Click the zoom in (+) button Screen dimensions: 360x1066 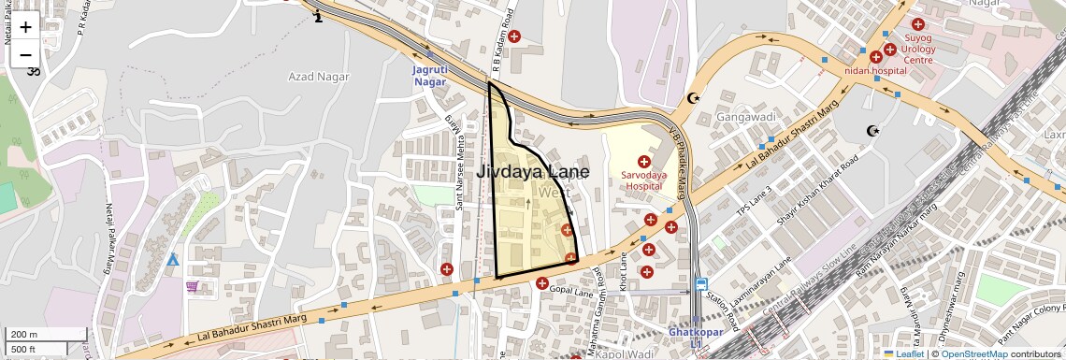click(x=25, y=27)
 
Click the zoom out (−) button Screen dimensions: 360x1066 click(x=25, y=54)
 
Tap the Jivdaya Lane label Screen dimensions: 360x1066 click(x=533, y=172)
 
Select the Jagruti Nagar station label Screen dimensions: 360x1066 click(x=430, y=76)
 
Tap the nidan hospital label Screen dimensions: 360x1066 click(x=875, y=70)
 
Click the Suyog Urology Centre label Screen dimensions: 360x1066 click(x=917, y=49)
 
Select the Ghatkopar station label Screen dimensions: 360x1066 click(x=696, y=332)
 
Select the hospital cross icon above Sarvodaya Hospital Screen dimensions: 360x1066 click(x=642, y=163)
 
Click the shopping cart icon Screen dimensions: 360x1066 click(x=192, y=286)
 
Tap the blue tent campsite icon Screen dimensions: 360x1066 click(x=172, y=258)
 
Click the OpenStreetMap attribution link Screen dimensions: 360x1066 click(x=973, y=353)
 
